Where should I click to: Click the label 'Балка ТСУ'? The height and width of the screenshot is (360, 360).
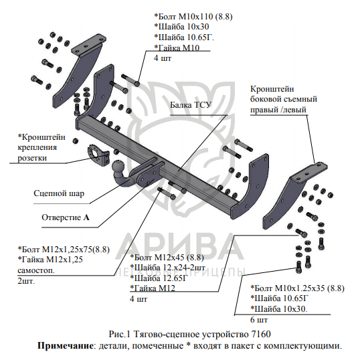(x=190, y=105)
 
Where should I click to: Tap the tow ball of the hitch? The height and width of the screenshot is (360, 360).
(x=118, y=167)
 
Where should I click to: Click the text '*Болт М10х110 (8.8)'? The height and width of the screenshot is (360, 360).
(x=193, y=17)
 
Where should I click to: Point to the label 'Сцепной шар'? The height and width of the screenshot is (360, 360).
(x=59, y=193)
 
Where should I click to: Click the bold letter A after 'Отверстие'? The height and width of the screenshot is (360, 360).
(x=86, y=217)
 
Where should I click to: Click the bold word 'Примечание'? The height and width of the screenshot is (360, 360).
(x=65, y=346)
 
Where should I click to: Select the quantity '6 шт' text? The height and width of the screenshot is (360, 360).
(x=259, y=320)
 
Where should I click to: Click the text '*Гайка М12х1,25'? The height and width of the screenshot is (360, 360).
(x=50, y=260)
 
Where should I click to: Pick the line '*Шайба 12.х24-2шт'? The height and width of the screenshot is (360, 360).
(x=167, y=268)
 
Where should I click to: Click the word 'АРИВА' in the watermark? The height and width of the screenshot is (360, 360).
(x=179, y=248)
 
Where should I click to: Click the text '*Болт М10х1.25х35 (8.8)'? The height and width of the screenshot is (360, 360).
(x=297, y=288)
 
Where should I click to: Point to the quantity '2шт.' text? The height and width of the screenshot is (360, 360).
(x=26, y=281)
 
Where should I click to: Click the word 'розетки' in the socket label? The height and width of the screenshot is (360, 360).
(x=32, y=158)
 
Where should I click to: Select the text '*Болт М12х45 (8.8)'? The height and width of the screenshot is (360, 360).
(x=167, y=258)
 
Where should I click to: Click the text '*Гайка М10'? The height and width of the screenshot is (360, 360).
(x=177, y=48)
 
